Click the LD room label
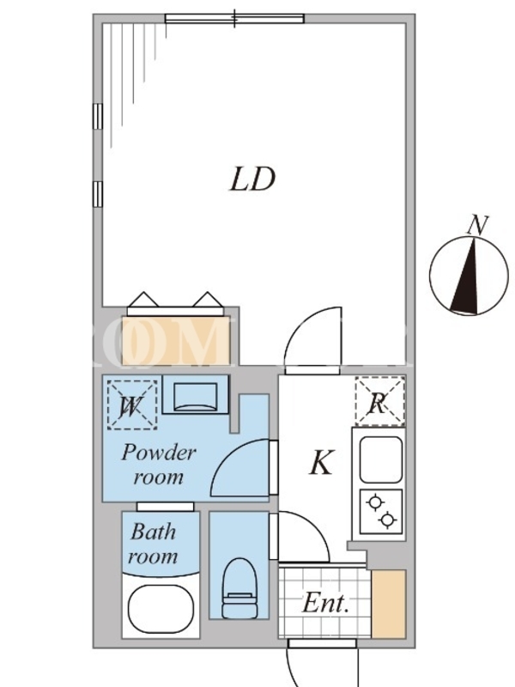pyautogui.click(x=251, y=179)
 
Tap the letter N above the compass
pyautogui.click(x=477, y=226)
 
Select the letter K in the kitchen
pyautogui.click(x=320, y=464)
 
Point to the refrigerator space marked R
pyautogui.click(x=379, y=401)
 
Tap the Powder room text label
pyautogui.click(x=159, y=464)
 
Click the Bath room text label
pyautogui.click(x=154, y=544)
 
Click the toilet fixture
pyautogui.click(x=238, y=587)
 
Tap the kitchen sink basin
pyautogui.click(x=380, y=459)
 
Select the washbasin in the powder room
pyautogui.click(x=195, y=396)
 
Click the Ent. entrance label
pyautogui.click(x=324, y=604)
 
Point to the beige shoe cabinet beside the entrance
pyautogui.click(x=387, y=602)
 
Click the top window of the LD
pyautogui.click(x=234, y=18)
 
